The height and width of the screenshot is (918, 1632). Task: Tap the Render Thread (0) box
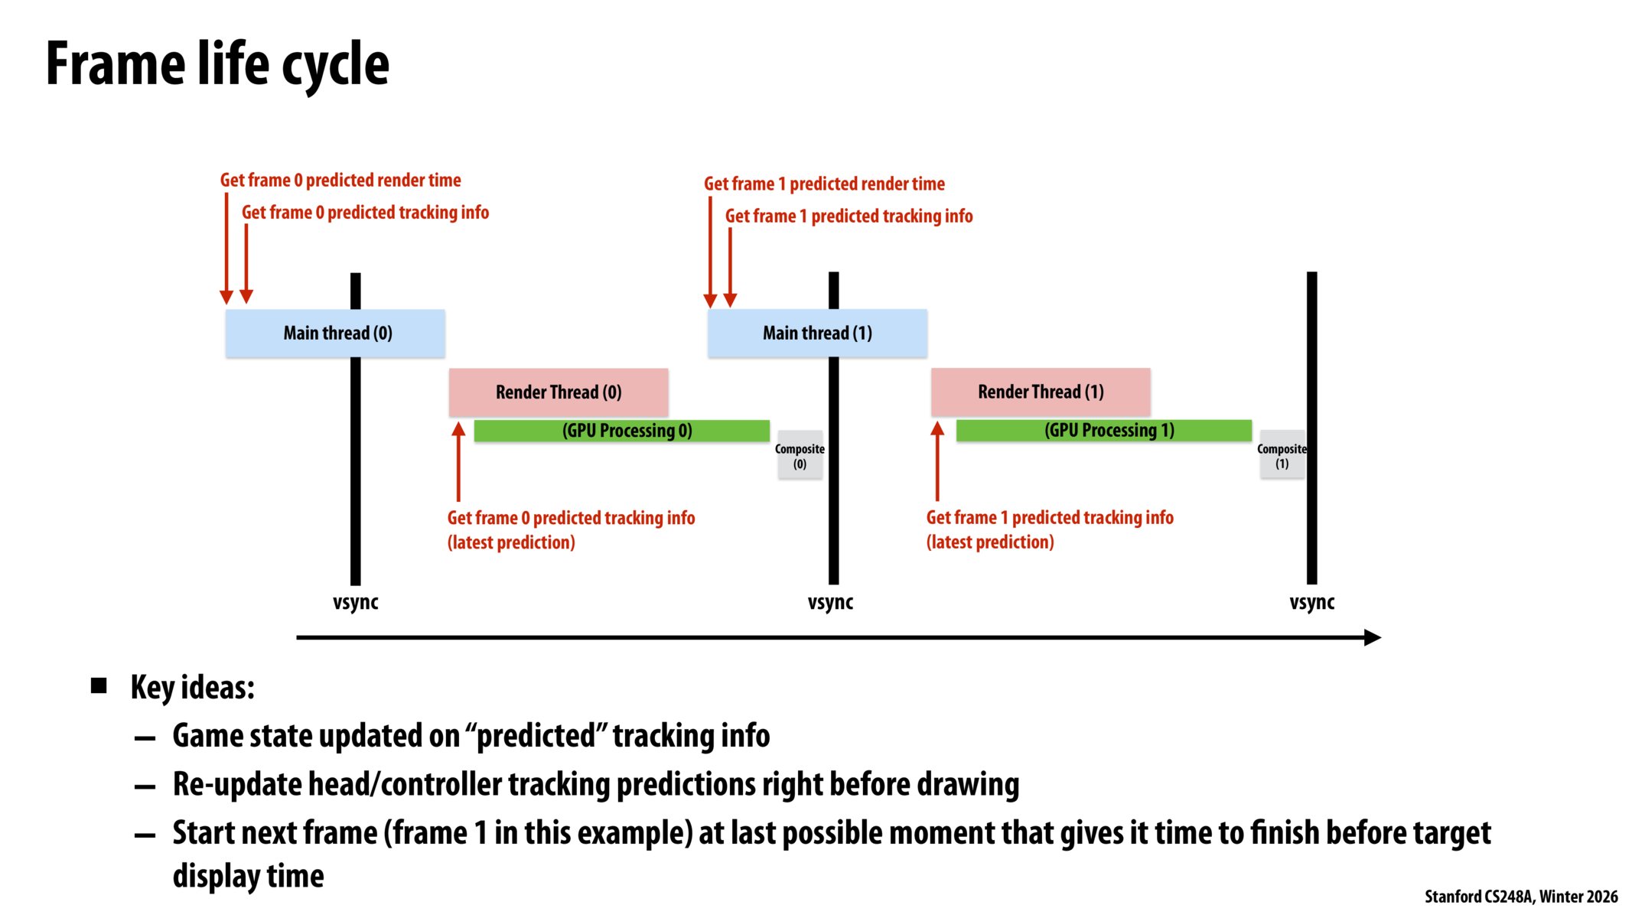click(x=559, y=392)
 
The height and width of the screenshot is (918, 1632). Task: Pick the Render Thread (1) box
click(x=1041, y=392)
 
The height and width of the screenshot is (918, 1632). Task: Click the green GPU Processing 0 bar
click(x=621, y=431)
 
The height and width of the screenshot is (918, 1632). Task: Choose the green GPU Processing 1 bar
click(x=1103, y=431)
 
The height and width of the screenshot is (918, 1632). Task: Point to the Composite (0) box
click(x=800, y=456)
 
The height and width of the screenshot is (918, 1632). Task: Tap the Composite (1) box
click(x=1282, y=456)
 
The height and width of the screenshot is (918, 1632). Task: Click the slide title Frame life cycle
click(x=217, y=64)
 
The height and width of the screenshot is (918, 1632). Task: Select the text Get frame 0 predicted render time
click(x=340, y=181)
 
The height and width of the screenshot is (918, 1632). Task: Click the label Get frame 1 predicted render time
click(x=824, y=184)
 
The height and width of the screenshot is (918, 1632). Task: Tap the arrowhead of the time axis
click(x=1373, y=637)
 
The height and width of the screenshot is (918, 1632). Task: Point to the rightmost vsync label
click(x=1311, y=603)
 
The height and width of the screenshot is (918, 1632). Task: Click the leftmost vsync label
click(x=355, y=603)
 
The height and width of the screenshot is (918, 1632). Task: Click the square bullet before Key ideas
click(x=99, y=685)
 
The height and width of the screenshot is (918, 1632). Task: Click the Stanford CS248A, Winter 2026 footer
click(x=1520, y=897)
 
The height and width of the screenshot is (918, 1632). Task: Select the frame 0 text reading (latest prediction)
click(x=511, y=543)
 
